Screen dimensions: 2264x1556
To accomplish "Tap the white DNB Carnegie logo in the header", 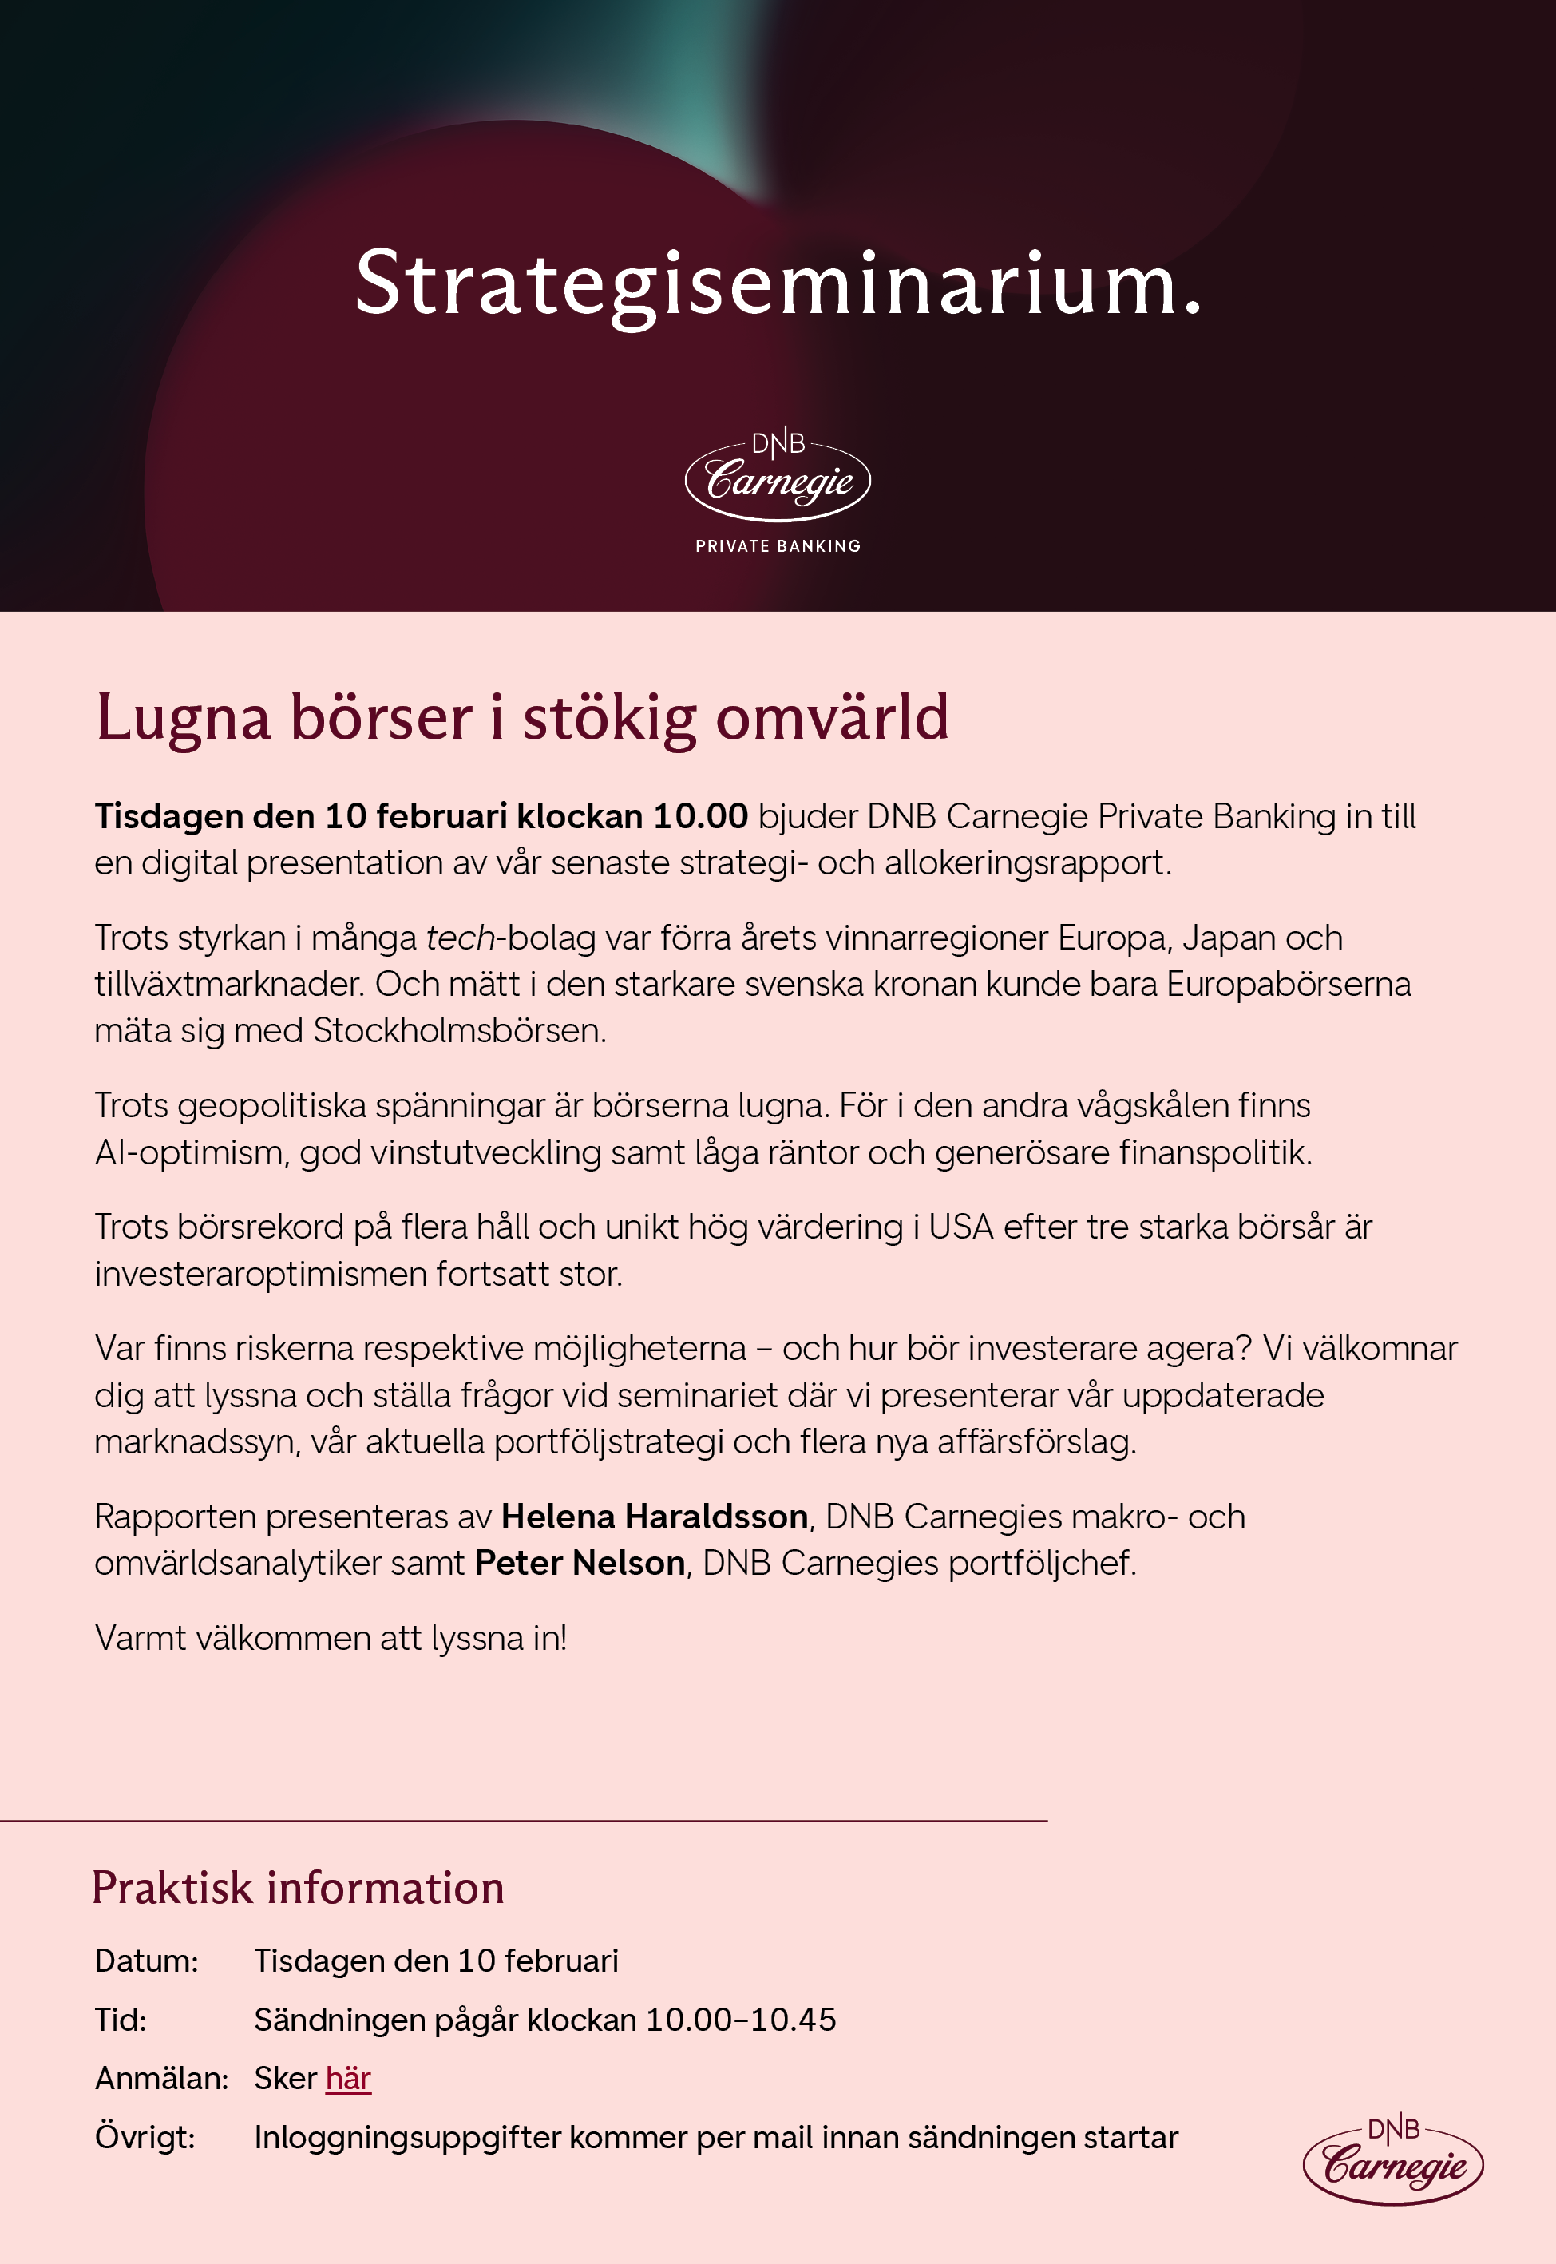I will pyautogui.click(x=777, y=478).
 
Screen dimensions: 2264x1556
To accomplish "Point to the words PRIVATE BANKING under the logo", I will pyautogui.click(x=777, y=546).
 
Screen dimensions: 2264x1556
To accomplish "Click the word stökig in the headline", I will pyautogui.click(x=609, y=719).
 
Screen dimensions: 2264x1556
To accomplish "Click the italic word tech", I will pyautogui.click(x=460, y=938).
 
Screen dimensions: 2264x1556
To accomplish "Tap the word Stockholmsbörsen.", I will pyautogui.click(x=459, y=1031).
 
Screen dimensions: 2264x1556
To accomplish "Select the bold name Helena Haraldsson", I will pyautogui.click(x=654, y=1517).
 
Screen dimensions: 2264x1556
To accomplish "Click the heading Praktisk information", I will pyautogui.click(x=297, y=1889).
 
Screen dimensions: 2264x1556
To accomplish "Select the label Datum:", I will pyautogui.click(x=146, y=1961).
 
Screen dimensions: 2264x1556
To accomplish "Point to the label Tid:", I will pyautogui.click(x=120, y=2020).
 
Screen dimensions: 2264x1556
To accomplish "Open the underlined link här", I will pyautogui.click(x=348, y=2078).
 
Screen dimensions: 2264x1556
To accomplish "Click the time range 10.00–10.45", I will pyautogui.click(x=741, y=2020).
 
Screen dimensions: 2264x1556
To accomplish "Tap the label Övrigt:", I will pyautogui.click(x=145, y=2137).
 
